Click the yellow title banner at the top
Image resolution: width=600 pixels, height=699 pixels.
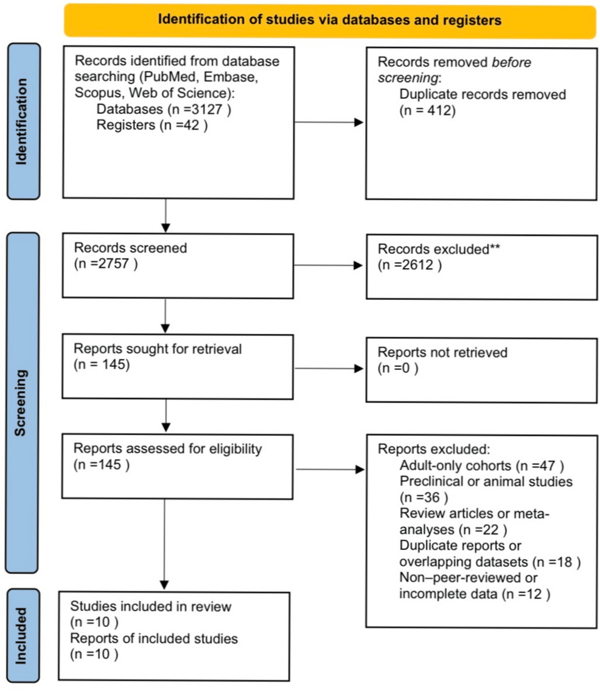coord(329,21)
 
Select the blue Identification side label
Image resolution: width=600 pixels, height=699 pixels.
coord(23,121)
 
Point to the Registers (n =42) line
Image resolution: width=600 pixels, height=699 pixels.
coord(152,126)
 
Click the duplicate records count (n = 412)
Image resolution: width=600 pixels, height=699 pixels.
coord(426,111)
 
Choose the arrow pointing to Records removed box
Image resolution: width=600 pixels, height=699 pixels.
coord(329,122)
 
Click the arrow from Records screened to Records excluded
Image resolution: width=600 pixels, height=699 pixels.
coord(329,265)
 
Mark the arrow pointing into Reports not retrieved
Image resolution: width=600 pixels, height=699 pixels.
coord(329,367)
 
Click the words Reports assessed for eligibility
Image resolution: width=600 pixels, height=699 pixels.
coord(167,449)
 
